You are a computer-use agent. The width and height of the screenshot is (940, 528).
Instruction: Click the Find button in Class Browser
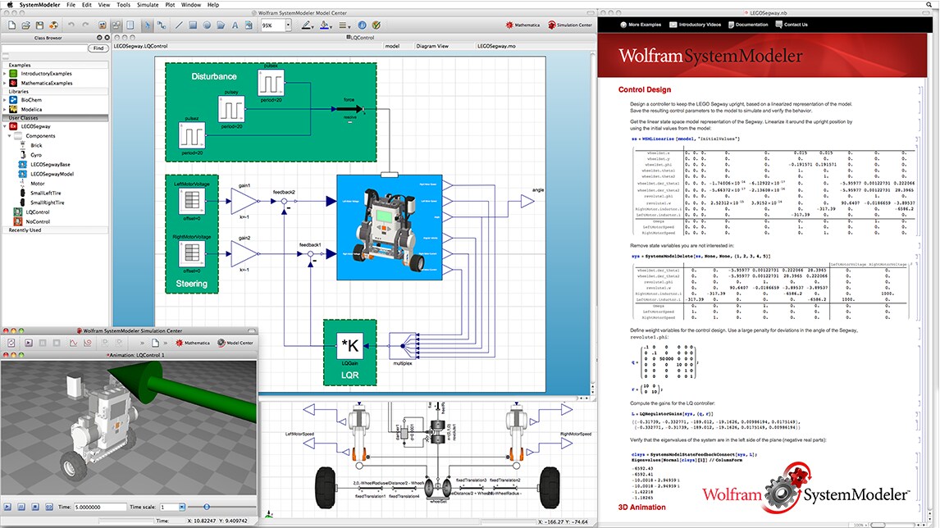click(x=98, y=48)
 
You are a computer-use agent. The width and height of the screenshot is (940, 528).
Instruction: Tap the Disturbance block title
click(x=213, y=77)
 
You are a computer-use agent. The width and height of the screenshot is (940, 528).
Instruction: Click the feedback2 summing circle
click(x=284, y=200)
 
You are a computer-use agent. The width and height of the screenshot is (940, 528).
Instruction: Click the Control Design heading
click(x=644, y=90)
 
